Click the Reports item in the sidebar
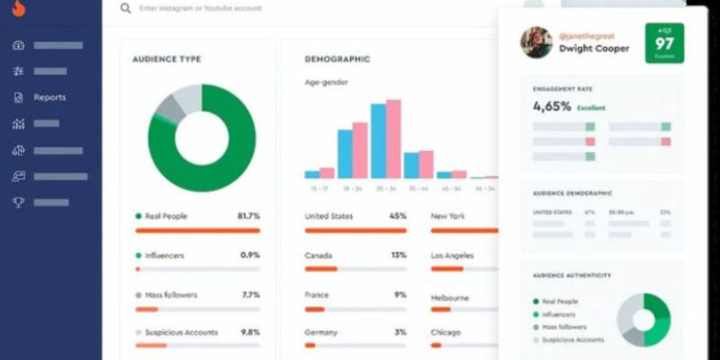[49, 97]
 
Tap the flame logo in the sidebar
[19, 10]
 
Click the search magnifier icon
[125, 7]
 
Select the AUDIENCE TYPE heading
[166, 59]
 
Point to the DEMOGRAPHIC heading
[337, 59]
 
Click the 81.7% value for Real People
[248, 217]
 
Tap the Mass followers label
[171, 294]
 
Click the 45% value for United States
[398, 216]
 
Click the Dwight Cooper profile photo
[536, 41]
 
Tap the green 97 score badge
[664, 43]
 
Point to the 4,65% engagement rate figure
[552, 106]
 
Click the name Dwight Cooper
[595, 49]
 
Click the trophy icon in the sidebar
[18, 202]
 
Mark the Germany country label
[321, 332]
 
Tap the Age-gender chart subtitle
[326, 82]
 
